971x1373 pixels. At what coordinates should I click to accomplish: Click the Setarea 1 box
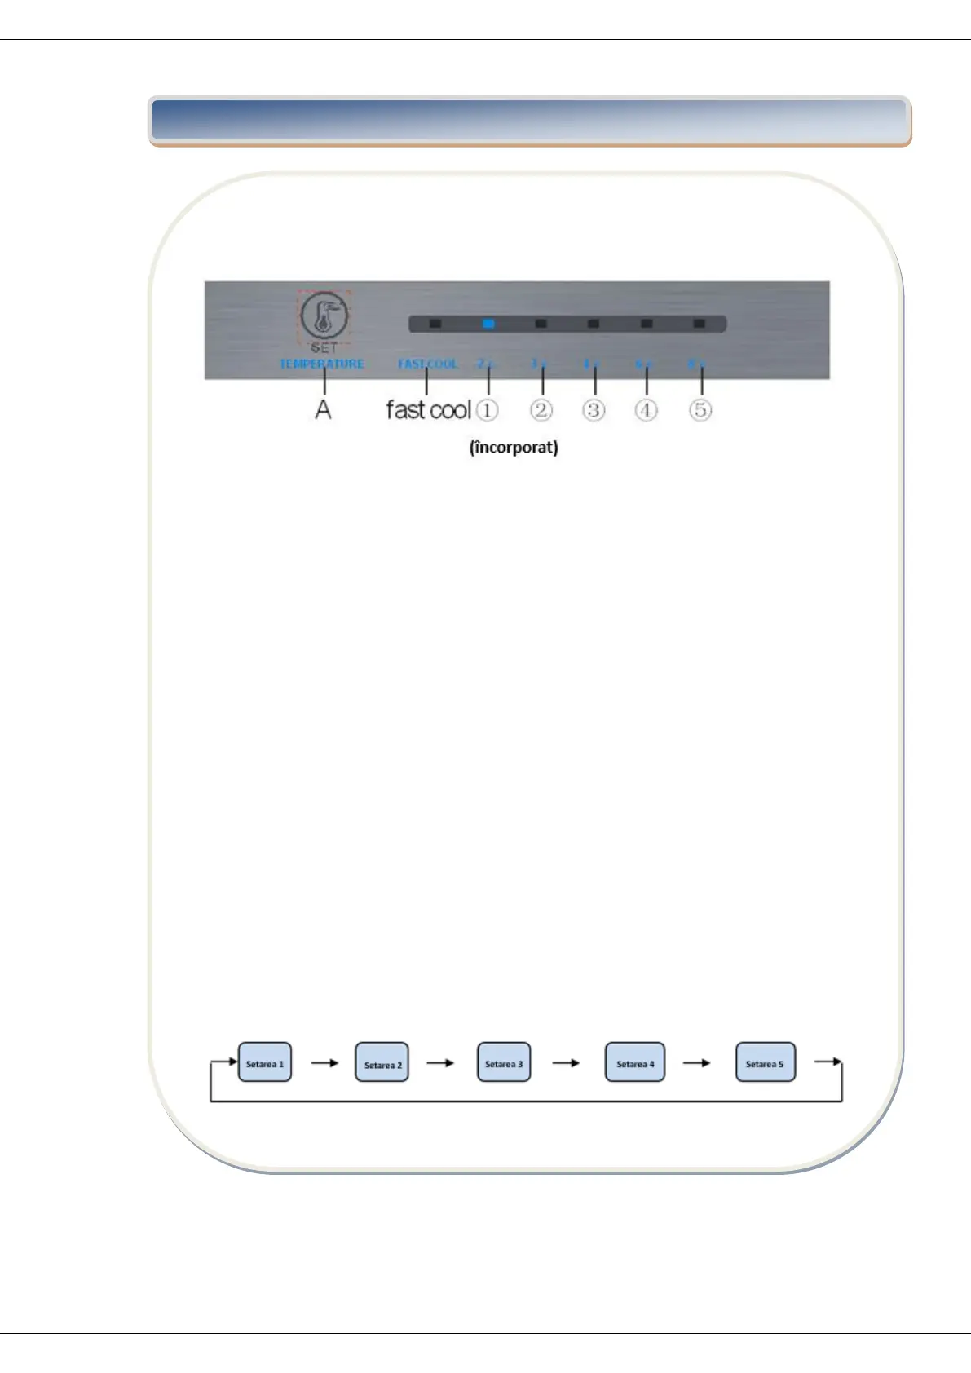pyautogui.click(x=264, y=1062)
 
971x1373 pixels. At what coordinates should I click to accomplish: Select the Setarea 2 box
pyautogui.click(x=382, y=1063)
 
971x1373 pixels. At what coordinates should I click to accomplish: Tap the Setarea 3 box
pyautogui.click(x=503, y=1062)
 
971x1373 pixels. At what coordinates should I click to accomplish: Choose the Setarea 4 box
pyautogui.click(x=634, y=1062)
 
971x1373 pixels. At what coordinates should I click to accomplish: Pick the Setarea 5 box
pyautogui.click(x=765, y=1062)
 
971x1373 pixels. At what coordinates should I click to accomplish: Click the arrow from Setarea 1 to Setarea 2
pyautogui.click(x=324, y=1063)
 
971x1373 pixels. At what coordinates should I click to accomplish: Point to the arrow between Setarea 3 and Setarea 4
pyautogui.click(x=566, y=1063)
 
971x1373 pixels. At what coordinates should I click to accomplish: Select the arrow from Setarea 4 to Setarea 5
pyautogui.click(x=696, y=1063)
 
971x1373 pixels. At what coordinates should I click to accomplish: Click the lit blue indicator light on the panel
pyautogui.click(x=488, y=324)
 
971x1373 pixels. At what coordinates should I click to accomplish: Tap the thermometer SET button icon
pyautogui.click(x=324, y=316)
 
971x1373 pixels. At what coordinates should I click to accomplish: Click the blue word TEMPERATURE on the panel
pyautogui.click(x=321, y=364)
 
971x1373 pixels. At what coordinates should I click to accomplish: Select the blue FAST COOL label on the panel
pyautogui.click(x=428, y=364)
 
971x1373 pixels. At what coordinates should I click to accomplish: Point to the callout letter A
pyautogui.click(x=324, y=409)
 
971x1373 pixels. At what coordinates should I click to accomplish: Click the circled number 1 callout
pyautogui.click(x=487, y=409)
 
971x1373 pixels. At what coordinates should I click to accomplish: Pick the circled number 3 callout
pyautogui.click(x=594, y=409)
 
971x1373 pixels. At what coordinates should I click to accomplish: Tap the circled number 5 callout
pyautogui.click(x=700, y=409)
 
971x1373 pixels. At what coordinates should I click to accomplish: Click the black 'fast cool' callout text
pyautogui.click(x=428, y=409)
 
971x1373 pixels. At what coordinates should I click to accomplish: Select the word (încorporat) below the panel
pyautogui.click(x=514, y=447)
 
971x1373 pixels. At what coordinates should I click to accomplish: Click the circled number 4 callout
pyautogui.click(x=646, y=409)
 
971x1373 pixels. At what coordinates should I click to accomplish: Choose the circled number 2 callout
pyautogui.click(x=541, y=409)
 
